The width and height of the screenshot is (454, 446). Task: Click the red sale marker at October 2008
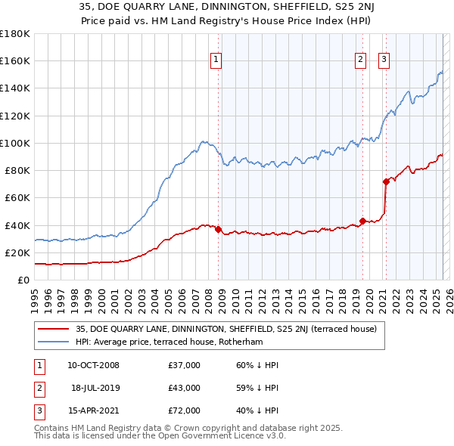coord(219,229)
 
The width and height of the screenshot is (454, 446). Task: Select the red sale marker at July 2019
coord(362,221)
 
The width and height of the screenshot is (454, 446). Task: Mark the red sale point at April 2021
coord(386,181)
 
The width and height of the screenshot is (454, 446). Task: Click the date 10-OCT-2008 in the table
coord(93,365)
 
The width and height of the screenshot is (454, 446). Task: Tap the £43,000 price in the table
coord(185,388)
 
